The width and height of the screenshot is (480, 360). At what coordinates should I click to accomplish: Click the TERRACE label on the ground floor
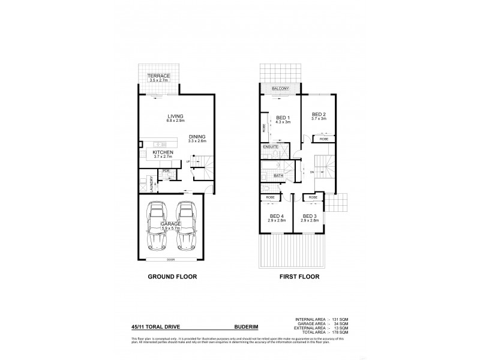[x=159, y=76]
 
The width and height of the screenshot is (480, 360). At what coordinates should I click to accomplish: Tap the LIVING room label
[x=175, y=116]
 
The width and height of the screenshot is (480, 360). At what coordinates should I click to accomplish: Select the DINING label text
[x=197, y=136]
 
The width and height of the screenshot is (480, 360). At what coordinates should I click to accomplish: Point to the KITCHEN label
[x=163, y=152]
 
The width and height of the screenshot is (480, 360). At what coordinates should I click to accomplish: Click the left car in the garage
[x=157, y=227]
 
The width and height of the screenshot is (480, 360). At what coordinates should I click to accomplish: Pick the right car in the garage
[x=187, y=227]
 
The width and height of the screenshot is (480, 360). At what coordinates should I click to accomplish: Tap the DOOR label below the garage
[x=172, y=260]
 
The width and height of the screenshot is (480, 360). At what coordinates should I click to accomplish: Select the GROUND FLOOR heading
[x=172, y=277]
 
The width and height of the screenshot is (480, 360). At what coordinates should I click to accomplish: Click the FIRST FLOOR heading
[x=298, y=277]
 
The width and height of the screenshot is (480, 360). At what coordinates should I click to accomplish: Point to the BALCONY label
[x=280, y=89]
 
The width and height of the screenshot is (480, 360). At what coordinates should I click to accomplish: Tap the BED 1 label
[x=283, y=118]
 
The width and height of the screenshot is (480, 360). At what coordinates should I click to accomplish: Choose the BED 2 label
[x=318, y=115]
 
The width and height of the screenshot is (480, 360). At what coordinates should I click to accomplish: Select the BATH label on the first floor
[x=278, y=176]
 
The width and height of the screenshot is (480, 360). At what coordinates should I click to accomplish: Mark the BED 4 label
[x=276, y=216]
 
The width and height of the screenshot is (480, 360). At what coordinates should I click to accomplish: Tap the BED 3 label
[x=310, y=216]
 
